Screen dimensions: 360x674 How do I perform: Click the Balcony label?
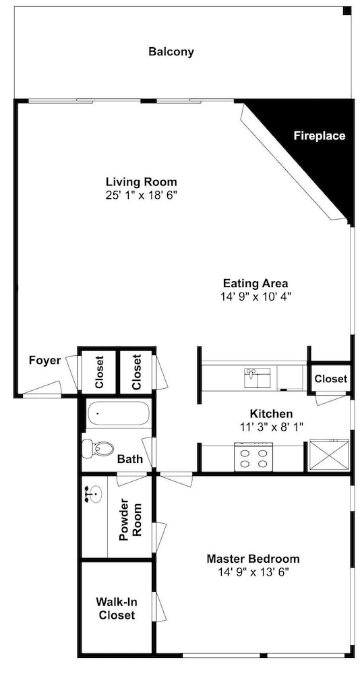click(x=171, y=52)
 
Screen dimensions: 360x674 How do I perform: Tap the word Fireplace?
click(x=320, y=136)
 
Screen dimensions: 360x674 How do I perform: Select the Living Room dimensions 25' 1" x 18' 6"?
click(x=142, y=195)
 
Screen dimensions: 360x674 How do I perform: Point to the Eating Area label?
click(x=256, y=284)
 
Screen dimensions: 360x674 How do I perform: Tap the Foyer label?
click(x=44, y=360)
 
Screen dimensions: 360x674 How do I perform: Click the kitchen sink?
click(x=258, y=377)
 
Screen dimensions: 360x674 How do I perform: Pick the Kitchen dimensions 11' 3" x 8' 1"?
click(x=272, y=427)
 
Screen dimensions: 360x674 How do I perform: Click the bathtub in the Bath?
click(x=119, y=414)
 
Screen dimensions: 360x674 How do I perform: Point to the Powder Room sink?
click(x=94, y=494)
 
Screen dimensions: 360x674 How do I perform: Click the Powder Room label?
click(x=130, y=517)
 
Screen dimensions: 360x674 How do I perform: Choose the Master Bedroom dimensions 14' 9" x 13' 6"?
click(x=253, y=572)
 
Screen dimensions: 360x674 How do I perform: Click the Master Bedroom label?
click(x=253, y=559)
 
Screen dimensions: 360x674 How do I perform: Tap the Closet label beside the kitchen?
click(x=330, y=379)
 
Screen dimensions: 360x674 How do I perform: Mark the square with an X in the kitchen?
click(x=329, y=455)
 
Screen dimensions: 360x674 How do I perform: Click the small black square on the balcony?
click(x=347, y=11)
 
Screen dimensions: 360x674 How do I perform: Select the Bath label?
click(x=130, y=459)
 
